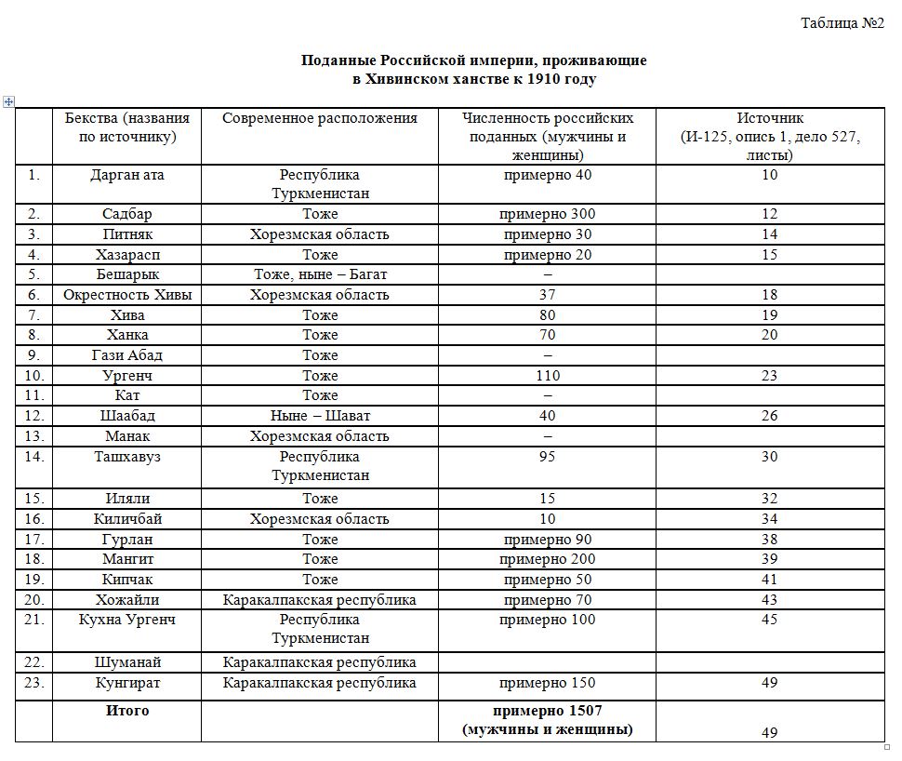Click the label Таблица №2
coord(842,23)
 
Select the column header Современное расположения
coord(320,118)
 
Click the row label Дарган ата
coord(127,174)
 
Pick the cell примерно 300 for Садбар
coord(547,214)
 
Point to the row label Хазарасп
coord(127,255)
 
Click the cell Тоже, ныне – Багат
coord(320,274)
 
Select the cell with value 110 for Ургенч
coord(547,376)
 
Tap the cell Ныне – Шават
coord(320,416)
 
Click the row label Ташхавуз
coord(127,456)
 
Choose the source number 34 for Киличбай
coord(769,518)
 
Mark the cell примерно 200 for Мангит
coord(547,559)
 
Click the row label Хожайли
coord(127,600)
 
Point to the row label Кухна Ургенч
coord(127,620)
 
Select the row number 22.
coord(33,662)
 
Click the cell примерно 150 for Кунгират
coord(547,683)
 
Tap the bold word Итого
coord(127,711)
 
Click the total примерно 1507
coord(547,711)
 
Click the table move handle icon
coord(9,101)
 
